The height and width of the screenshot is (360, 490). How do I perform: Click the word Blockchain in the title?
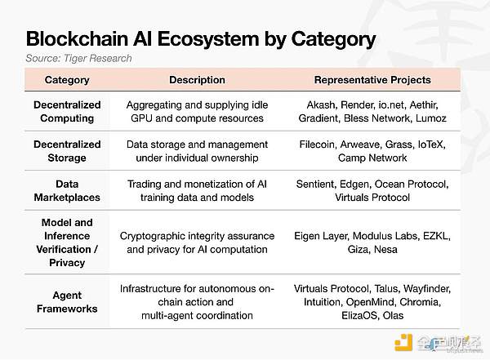(78, 38)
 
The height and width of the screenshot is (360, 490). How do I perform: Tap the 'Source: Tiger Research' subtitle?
(78, 58)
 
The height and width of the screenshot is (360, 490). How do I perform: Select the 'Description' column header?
(197, 80)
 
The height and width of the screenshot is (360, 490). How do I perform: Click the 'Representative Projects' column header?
(372, 80)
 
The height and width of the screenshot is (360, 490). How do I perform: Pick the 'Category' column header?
(67, 80)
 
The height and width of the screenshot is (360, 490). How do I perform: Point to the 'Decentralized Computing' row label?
(67, 112)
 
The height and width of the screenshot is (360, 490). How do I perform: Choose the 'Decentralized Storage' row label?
(67, 151)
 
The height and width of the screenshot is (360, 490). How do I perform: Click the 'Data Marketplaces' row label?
(67, 191)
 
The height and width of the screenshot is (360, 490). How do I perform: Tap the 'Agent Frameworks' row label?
(67, 302)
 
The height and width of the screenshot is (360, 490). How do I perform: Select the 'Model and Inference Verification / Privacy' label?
(67, 242)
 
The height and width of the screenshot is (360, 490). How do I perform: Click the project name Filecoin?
(317, 144)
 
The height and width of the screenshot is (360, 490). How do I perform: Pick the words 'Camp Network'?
(372, 158)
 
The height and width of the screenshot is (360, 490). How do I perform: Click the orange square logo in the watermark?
(403, 343)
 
